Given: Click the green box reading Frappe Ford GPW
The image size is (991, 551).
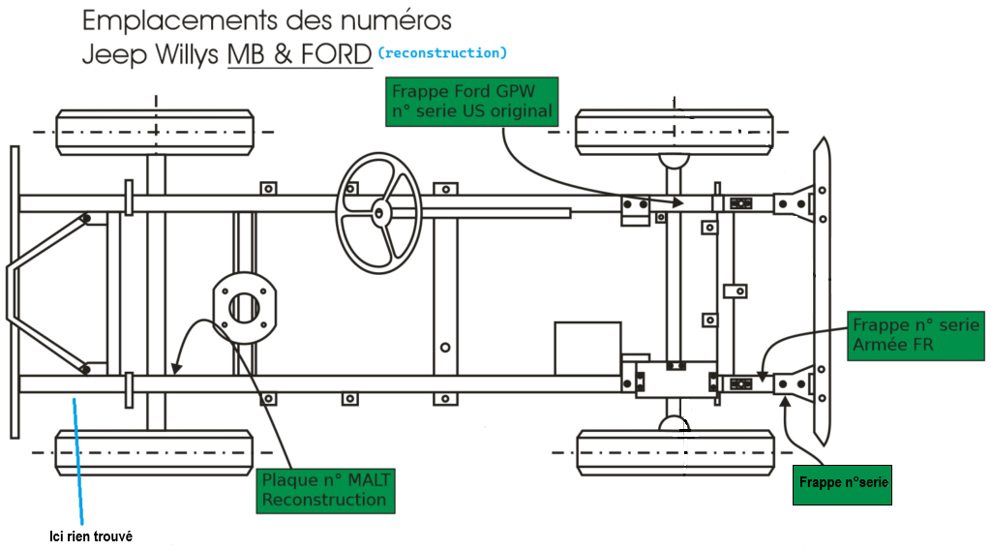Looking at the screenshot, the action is (x=471, y=102).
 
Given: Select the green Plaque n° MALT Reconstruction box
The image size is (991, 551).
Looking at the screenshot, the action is (x=325, y=490).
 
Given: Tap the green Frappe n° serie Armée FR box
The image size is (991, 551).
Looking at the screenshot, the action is (x=916, y=335).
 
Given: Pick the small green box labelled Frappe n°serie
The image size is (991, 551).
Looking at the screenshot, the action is (x=843, y=485).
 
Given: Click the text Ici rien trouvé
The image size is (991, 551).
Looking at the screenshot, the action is (x=91, y=536).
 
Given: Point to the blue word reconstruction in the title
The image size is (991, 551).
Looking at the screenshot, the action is (x=442, y=53).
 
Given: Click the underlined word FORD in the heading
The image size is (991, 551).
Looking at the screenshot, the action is (x=336, y=54).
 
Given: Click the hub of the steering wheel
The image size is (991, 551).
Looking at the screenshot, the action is (x=378, y=213).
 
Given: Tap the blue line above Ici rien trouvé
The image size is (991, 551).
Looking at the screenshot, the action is (x=77, y=461).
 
